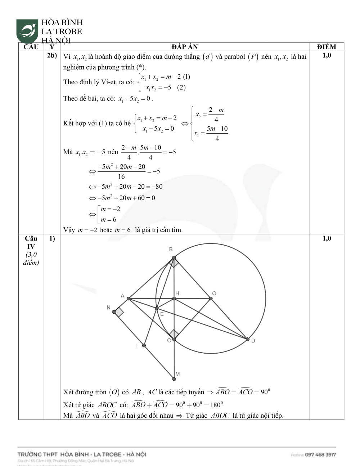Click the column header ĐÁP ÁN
click(x=184, y=47)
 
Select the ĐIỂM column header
click(x=326, y=47)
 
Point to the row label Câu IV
click(x=31, y=242)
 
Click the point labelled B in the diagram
click(x=174, y=257)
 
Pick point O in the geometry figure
click(x=211, y=298)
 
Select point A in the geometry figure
click(x=129, y=299)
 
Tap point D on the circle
click(x=247, y=339)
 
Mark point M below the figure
click(x=174, y=378)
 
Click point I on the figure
click(x=144, y=345)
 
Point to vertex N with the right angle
click(x=114, y=312)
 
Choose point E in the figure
click(x=157, y=308)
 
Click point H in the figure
click(x=174, y=298)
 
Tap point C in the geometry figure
click(x=174, y=339)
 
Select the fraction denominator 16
click(x=121, y=176)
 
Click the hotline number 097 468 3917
click(x=320, y=454)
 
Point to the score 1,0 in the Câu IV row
click(x=326, y=238)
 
